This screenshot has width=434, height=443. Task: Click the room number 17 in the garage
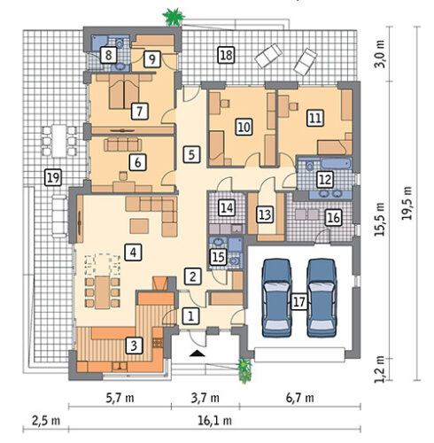tap(298, 302)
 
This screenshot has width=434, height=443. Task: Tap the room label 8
tap(109, 55)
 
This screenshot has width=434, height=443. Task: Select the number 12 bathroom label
tap(325, 179)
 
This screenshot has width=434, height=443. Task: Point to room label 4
tap(133, 253)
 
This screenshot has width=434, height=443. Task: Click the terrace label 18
tap(227, 55)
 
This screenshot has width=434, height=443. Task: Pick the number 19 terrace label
tap(53, 177)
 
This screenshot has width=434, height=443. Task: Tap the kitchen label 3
tap(134, 346)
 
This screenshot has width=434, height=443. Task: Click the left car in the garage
tap(277, 298)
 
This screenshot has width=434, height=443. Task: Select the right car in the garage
tap(322, 298)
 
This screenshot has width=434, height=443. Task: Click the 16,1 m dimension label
tap(214, 420)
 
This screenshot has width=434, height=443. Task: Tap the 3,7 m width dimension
tap(205, 398)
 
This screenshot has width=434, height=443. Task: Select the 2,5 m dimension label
tap(46, 420)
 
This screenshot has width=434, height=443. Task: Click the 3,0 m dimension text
tap(380, 54)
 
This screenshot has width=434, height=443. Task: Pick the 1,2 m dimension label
tap(380, 369)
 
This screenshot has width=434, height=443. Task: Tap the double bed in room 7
tap(124, 91)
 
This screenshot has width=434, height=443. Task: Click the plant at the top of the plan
tap(174, 17)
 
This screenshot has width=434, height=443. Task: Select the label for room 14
tap(227, 207)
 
